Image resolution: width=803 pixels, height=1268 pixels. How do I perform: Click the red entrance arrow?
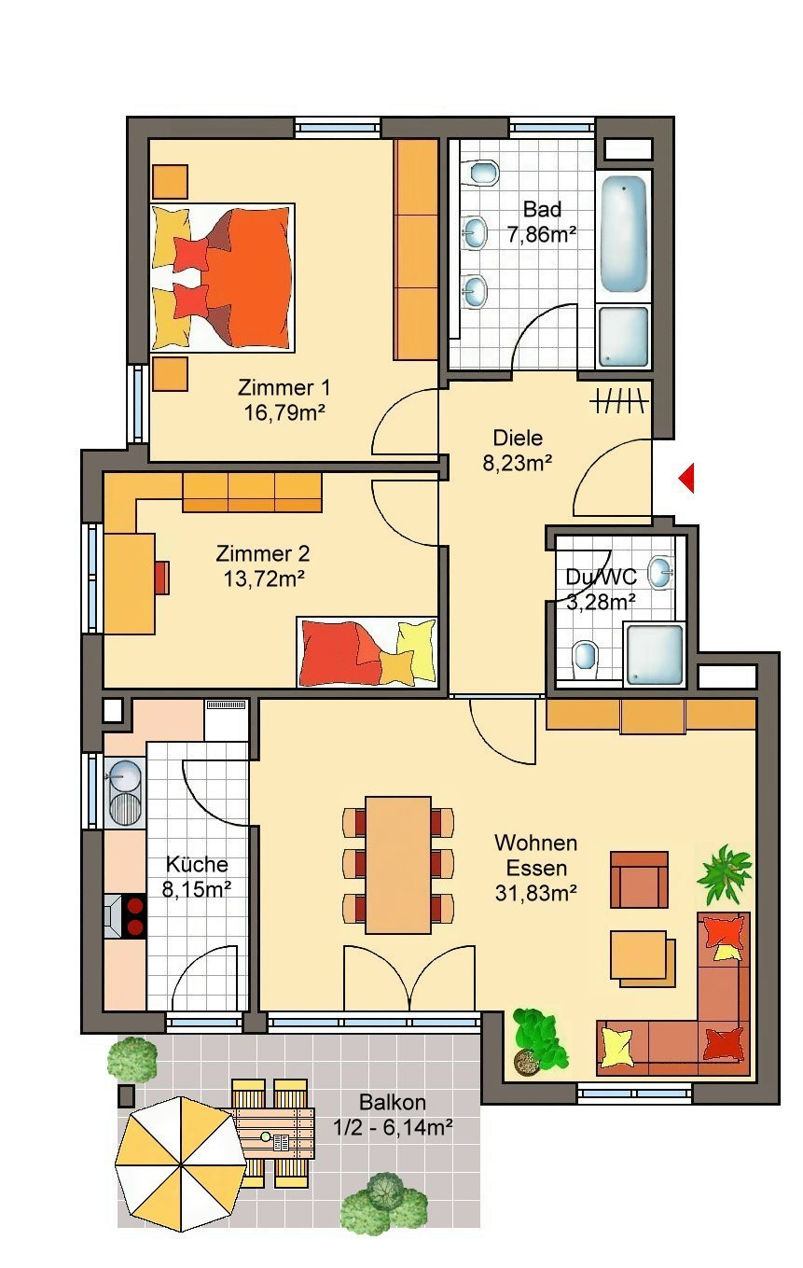coord(687,479)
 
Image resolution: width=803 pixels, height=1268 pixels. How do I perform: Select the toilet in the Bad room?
coord(483,173)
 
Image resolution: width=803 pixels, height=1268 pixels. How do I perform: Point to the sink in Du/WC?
coord(660,572)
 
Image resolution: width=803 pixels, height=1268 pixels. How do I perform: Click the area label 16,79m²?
coord(284,411)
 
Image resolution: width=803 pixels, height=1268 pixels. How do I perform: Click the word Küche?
coord(196,864)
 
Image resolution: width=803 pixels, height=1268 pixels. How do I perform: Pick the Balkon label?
coord(393,1103)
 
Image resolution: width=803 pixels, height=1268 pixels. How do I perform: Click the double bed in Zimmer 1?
coord(224,278)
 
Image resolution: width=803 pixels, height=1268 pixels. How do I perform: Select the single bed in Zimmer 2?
coord(367,651)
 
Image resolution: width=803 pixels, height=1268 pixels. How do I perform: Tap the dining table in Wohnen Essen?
coord(398,864)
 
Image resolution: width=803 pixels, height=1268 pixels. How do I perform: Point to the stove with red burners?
coord(132,915)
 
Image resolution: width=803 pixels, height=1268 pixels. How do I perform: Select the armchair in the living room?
coord(639,879)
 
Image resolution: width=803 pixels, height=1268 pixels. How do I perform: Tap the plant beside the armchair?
coord(725,872)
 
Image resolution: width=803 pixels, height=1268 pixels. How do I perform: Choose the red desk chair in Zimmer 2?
coord(163,578)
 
